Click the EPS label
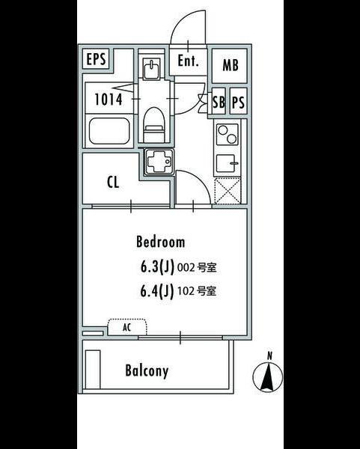(96, 59)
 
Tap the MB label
(231, 65)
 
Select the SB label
(219, 102)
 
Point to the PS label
(238, 103)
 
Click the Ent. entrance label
(188, 61)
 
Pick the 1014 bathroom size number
(109, 100)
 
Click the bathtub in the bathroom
(109, 131)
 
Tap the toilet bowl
(154, 124)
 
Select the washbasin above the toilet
(151, 69)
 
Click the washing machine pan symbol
(159, 162)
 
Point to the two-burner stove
(227, 135)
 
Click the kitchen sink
(227, 163)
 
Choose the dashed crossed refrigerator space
(228, 190)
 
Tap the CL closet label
(113, 182)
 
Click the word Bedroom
(160, 242)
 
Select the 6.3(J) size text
(157, 267)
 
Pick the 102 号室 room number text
(197, 291)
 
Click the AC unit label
(127, 327)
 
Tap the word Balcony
(147, 371)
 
